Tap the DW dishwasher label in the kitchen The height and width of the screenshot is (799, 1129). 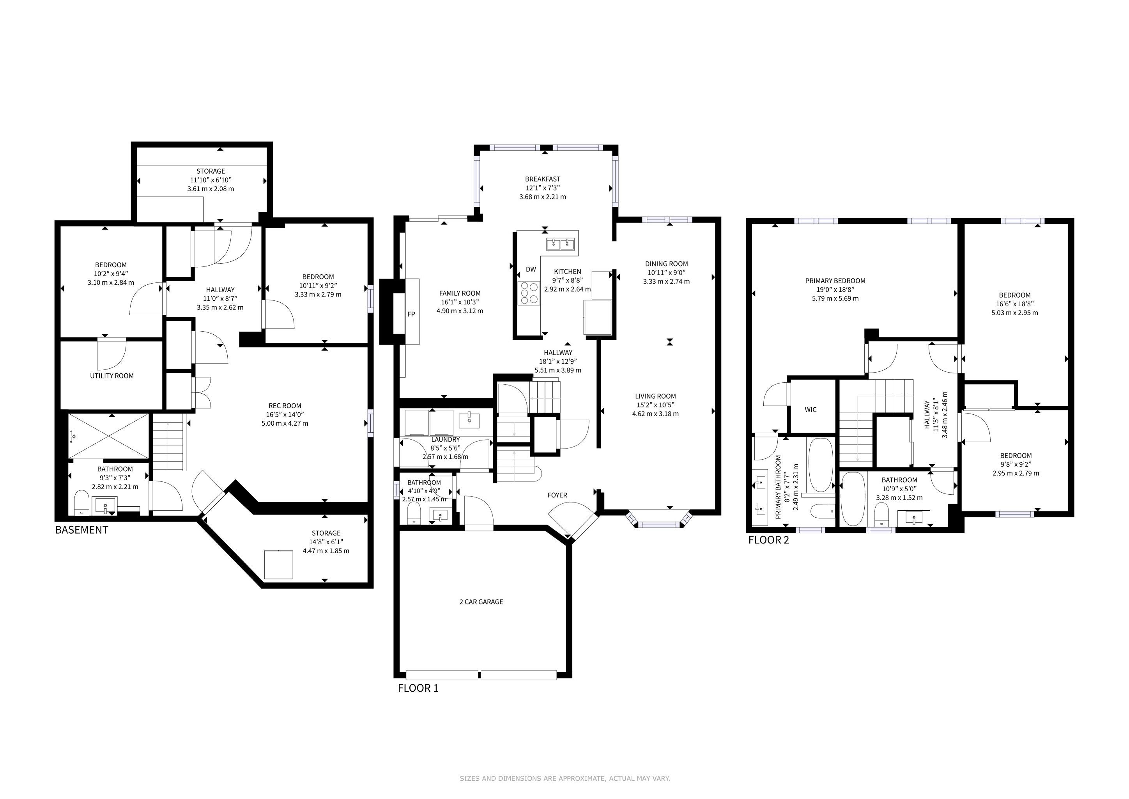coord(531,269)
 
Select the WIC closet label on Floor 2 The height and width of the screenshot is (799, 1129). coord(811,409)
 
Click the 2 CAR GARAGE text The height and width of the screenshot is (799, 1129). coord(481,602)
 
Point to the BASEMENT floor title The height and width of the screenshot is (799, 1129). coord(81,530)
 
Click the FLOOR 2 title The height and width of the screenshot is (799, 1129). coord(768,540)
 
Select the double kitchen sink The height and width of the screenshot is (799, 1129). coord(561,243)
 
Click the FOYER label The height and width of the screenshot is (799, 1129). coord(557,495)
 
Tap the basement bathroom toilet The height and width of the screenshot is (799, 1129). coord(81,503)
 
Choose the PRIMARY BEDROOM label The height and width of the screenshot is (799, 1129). coord(835,281)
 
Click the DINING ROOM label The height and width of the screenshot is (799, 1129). coord(666,264)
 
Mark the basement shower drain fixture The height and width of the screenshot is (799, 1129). coord(73,435)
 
